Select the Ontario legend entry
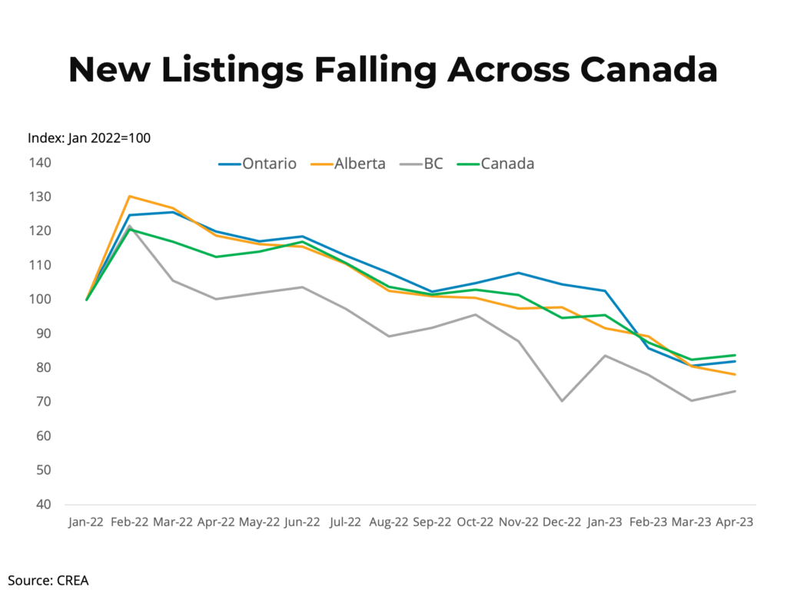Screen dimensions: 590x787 (x=257, y=164)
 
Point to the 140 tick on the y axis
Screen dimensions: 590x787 (x=41, y=163)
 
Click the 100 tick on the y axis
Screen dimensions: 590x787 (x=41, y=300)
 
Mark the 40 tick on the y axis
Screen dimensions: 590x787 (x=44, y=505)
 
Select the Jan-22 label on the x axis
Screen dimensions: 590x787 (x=86, y=522)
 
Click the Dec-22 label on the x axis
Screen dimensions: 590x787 (x=562, y=522)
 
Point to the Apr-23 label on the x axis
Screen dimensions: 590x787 (x=734, y=522)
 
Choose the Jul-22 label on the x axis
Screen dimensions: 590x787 (x=345, y=522)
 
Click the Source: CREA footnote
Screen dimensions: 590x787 (x=48, y=580)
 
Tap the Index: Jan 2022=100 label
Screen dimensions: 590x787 (x=89, y=138)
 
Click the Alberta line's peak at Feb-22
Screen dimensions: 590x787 (x=130, y=196)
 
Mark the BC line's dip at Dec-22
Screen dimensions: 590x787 (x=562, y=400)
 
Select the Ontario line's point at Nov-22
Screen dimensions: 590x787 (x=519, y=273)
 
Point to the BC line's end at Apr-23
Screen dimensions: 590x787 (x=735, y=391)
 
